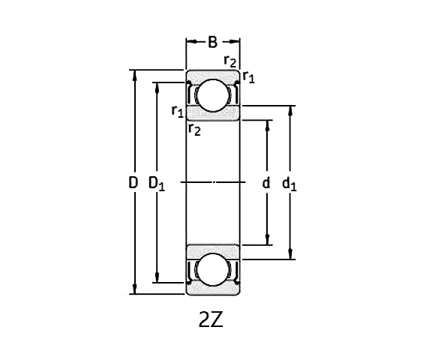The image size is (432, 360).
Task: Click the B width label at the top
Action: pyautogui.click(x=213, y=42)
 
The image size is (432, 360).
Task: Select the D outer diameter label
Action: pyautogui.click(x=133, y=182)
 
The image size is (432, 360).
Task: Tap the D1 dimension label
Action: pyautogui.click(x=157, y=183)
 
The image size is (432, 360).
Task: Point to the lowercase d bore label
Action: pyautogui.click(x=265, y=182)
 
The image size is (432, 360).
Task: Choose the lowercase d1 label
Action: pyautogui.click(x=289, y=183)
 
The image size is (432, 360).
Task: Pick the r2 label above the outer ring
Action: pyautogui.click(x=231, y=61)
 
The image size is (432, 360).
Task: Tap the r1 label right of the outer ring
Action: pyautogui.click(x=248, y=76)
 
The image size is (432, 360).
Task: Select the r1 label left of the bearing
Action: pyautogui.click(x=177, y=112)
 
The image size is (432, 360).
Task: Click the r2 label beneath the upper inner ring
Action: pyautogui.click(x=194, y=130)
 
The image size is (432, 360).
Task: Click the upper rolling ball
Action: pyautogui.click(x=213, y=95)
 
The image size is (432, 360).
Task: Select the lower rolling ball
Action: pyautogui.click(x=213, y=270)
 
